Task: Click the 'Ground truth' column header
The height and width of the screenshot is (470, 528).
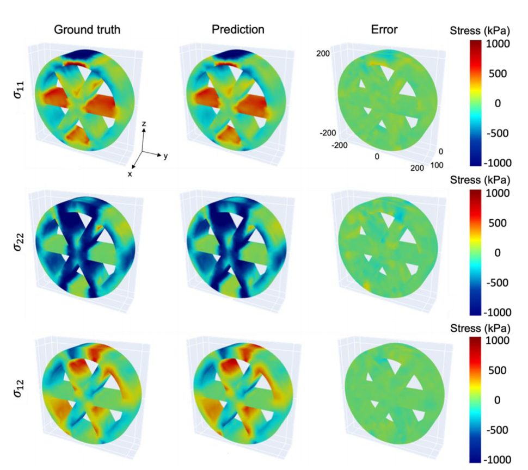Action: [87, 29]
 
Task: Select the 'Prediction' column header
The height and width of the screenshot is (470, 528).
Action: [238, 29]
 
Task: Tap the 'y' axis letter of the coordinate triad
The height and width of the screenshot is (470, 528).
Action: [165, 156]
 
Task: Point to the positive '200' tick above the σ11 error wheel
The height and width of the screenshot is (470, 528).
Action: [324, 53]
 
